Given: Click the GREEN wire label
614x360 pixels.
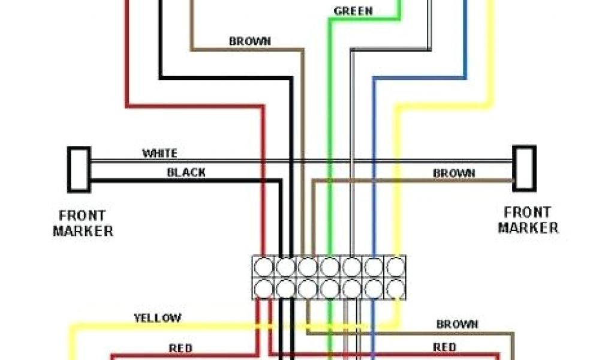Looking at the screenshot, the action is [x=353, y=11].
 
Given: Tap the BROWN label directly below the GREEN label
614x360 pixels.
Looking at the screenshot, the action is [x=249, y=41].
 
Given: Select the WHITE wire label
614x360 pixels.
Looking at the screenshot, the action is [x=159, y=154].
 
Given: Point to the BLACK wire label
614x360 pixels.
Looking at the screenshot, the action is [x=186, y=173].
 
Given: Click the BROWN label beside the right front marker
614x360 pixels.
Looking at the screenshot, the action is [x=454, y=173].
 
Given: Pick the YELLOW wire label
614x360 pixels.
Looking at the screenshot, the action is [x=158, y=317].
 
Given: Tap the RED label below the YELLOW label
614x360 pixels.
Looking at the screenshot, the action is [x=180, y=348].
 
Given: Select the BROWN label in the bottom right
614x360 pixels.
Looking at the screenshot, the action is [x=458, y=324].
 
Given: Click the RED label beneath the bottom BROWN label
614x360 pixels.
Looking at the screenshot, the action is [x=444, y=347].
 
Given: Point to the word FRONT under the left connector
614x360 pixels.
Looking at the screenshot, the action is [x=82, y=215].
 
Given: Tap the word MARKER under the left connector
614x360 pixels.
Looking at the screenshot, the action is [x=83, y=230].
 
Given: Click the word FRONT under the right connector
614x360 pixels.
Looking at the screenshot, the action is [x=527, y=212].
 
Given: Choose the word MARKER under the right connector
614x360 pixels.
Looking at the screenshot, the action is [x=528, y=228].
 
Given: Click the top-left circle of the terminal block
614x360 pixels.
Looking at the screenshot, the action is [x=264, y=266].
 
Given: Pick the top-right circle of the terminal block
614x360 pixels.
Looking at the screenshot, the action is [x=395, y=266].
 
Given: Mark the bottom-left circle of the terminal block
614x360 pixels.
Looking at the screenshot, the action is [x=264, y=288].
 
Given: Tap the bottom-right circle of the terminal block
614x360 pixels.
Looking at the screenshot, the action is [x=395, y=288].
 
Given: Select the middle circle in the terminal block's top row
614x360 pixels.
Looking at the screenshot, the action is [x=329, y=266].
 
